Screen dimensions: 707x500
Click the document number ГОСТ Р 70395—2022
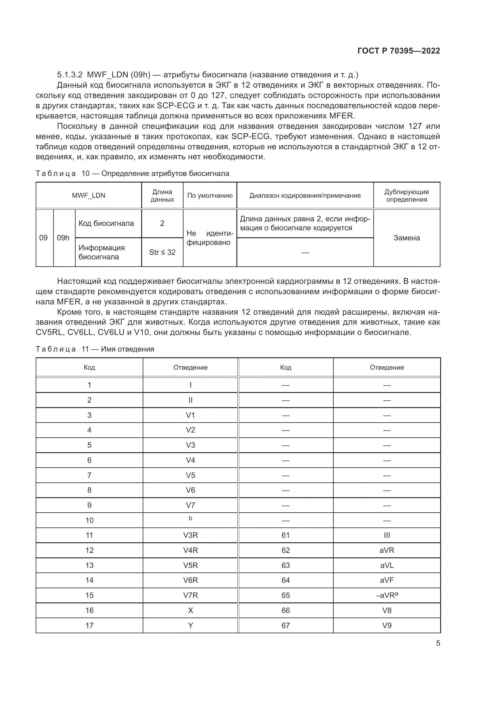398,51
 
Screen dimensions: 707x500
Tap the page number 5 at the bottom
438,643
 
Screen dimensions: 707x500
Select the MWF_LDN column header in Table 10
88,196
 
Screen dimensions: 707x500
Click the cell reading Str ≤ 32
162,252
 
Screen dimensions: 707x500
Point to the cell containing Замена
406,238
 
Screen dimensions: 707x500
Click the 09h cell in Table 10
63,238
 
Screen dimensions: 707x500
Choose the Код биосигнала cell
106,223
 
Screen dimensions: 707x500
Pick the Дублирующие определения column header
406,196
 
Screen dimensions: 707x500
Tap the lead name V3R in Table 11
190,535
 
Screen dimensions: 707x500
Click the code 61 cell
285,535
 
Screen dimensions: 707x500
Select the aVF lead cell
387,580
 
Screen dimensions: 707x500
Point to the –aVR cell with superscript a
387,595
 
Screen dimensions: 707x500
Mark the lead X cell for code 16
190,610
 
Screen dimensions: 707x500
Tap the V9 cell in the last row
387,625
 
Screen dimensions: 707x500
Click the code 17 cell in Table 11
89,625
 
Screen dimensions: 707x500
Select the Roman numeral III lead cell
387,535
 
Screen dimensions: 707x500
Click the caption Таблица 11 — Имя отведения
95,349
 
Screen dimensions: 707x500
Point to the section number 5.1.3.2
70,75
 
